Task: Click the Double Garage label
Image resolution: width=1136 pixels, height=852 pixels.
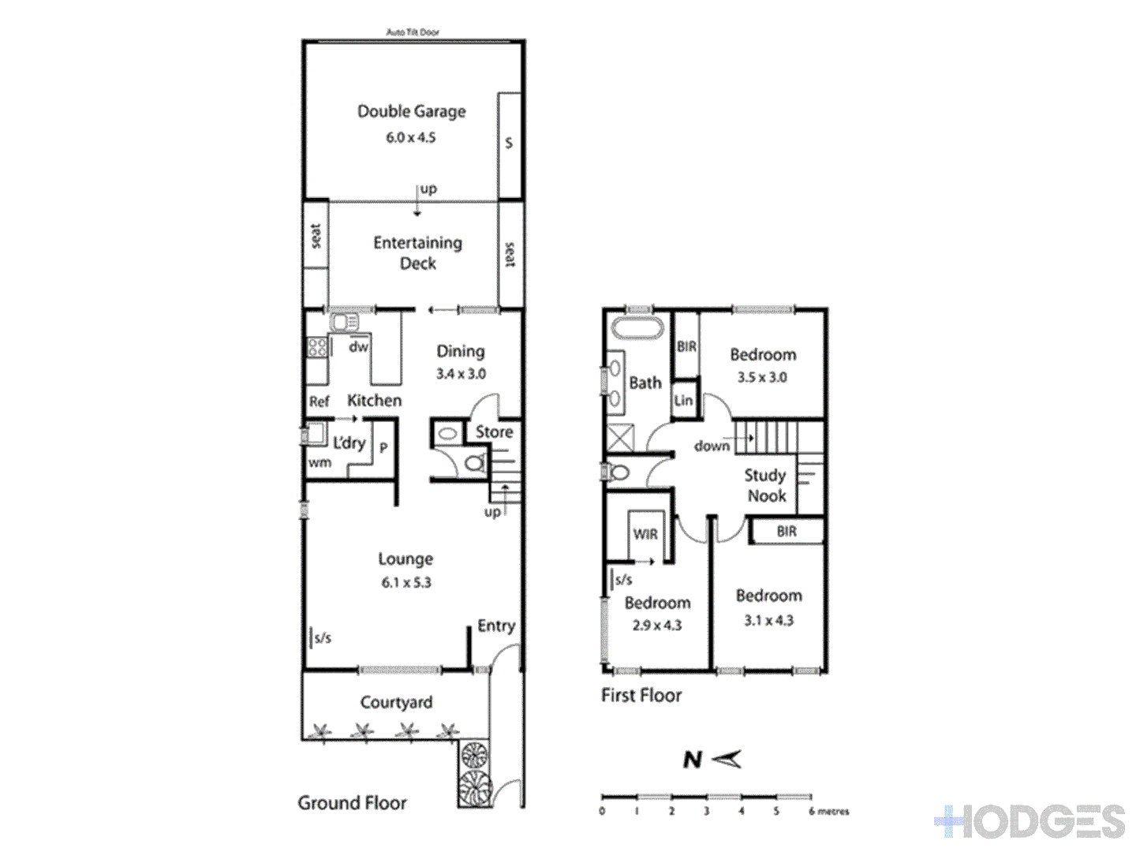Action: (x=411, y=111)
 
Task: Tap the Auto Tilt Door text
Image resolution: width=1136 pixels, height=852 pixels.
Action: (x=413, y=32)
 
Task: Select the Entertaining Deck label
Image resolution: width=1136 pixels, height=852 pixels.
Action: (x=417, y=252)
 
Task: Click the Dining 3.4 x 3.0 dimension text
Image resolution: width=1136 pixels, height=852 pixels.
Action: (x=461, y=374)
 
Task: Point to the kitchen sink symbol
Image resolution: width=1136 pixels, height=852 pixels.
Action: (x=344, y=322)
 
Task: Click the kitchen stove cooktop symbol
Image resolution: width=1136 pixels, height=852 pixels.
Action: (x=317, y=347)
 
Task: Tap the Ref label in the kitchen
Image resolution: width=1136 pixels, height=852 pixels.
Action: (x=319, y=402)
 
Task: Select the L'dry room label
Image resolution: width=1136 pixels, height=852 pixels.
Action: (x=349, y=443)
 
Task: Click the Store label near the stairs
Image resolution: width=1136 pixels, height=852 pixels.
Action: (x=494, y=432)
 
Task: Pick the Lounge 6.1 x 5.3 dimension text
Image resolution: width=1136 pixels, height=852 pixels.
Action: (x=406, y=583)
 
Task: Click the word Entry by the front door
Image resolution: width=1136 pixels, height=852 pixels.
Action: (x=496, y=626)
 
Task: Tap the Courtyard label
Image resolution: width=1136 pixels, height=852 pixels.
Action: (x=396, y=702)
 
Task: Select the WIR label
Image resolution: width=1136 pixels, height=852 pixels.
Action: (x=645, y=534)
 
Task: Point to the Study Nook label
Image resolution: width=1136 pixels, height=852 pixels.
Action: (x=765, y=485)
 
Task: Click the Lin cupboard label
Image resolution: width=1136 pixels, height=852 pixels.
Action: (x=683, y=400)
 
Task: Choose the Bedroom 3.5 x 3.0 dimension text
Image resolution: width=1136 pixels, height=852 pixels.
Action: (x=762, y=377)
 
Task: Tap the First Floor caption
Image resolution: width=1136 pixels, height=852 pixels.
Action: (x=641, y=695)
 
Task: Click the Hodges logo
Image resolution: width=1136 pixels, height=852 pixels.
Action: (x=1030, y=822)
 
